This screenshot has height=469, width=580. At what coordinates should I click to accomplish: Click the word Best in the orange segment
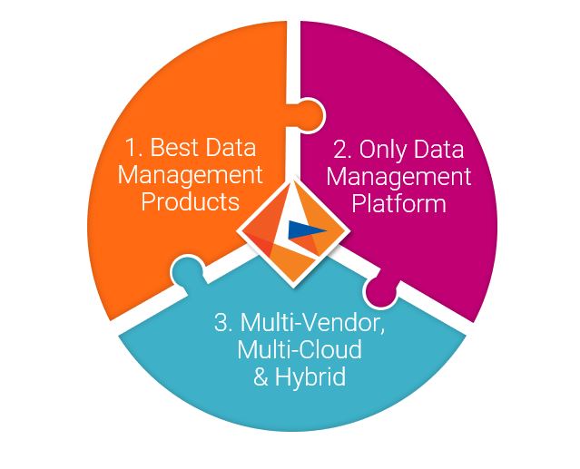click(174, 146)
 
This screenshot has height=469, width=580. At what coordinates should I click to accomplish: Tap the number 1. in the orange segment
click(132, 146)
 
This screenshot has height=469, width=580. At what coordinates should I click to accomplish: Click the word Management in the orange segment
click(190, 173)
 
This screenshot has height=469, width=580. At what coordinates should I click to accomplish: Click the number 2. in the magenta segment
click(340, 149)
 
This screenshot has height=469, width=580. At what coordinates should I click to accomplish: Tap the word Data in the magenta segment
click(442, 149)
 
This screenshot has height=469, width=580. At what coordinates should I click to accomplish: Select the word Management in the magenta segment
click(400, 176)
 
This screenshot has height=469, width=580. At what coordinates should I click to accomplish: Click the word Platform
click(400, 203)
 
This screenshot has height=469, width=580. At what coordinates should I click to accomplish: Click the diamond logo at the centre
click(290, 232)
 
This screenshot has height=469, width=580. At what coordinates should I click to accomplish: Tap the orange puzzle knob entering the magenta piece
click(306, 116)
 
